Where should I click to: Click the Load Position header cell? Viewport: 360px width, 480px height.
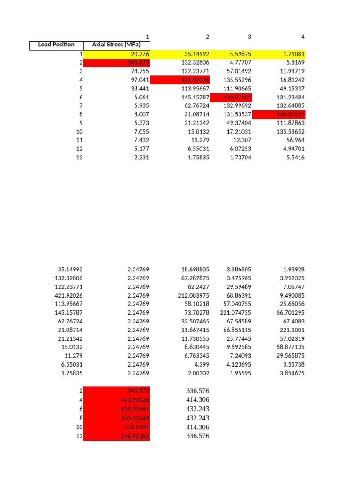[x=56, y=45]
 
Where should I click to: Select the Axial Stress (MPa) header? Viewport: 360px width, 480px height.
[x=117, y=45]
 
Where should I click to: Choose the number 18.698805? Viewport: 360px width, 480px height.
[x=195, y=270]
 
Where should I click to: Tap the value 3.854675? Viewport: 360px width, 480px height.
[x=291, y=373]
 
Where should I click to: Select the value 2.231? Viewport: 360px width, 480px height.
[x=141, y=157]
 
